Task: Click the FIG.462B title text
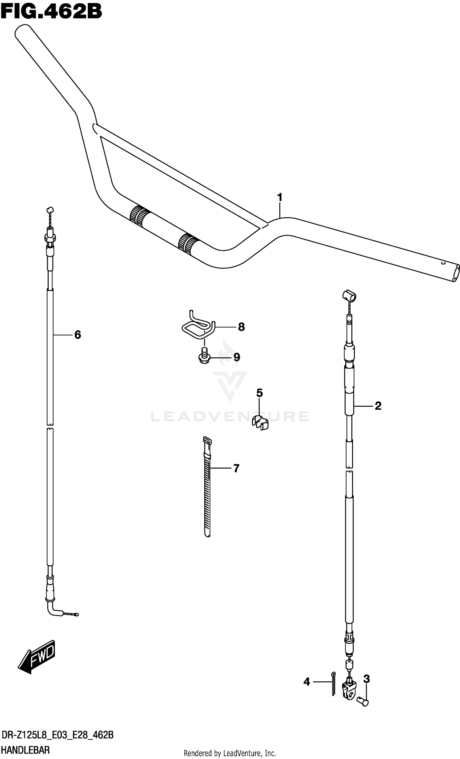(x=51, y=12)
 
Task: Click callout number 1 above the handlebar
(x=279, y=197)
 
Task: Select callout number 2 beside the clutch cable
(x=378, y=406)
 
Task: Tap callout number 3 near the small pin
(x=366, y=679)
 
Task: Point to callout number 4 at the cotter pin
(x=307, y=682)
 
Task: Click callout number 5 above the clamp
(x=259, y=393)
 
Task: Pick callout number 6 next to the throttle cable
(x=78, y=335)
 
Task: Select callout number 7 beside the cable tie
(x=236, y=469)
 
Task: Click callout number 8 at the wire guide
(x=241, y=327)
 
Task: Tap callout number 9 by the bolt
(x=236, y=357)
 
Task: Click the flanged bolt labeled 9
(x=203, y=356)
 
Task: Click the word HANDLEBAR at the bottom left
(x=25, y=750)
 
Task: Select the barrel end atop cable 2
(x=349, y=295)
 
